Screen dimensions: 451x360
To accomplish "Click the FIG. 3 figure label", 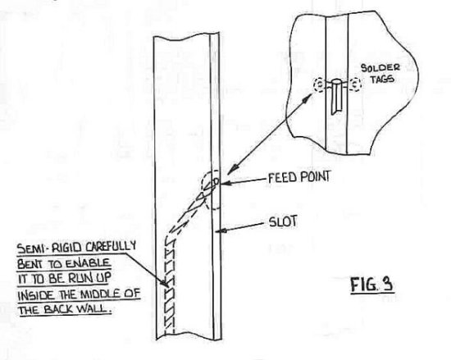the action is pyautogui.click(x=372, y=285).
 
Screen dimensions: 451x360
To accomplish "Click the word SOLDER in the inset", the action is pyautogui.click(x=380, y=68).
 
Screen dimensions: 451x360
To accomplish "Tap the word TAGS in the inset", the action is pyautogui.click(x=382, y=79).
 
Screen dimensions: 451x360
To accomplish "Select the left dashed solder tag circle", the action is pyautogui.click(x=320, y=84).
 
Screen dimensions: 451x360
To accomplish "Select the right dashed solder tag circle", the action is pyautogui.click(x=356, y=84).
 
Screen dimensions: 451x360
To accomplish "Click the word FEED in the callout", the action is pyautogui.click(x=282, y=178).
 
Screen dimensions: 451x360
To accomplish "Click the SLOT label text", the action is pyautogui.click(x=283, y=221).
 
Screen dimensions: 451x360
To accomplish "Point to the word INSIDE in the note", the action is pyautogui.click(x=36, y=295).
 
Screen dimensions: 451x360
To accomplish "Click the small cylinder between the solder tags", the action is pyautogui.click(x=335, y=97).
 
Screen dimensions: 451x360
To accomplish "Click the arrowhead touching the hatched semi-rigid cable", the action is pyautogui.click(x=166, y=283).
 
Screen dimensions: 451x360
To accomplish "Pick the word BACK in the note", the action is pyautogui.click(x=58, y=310).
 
